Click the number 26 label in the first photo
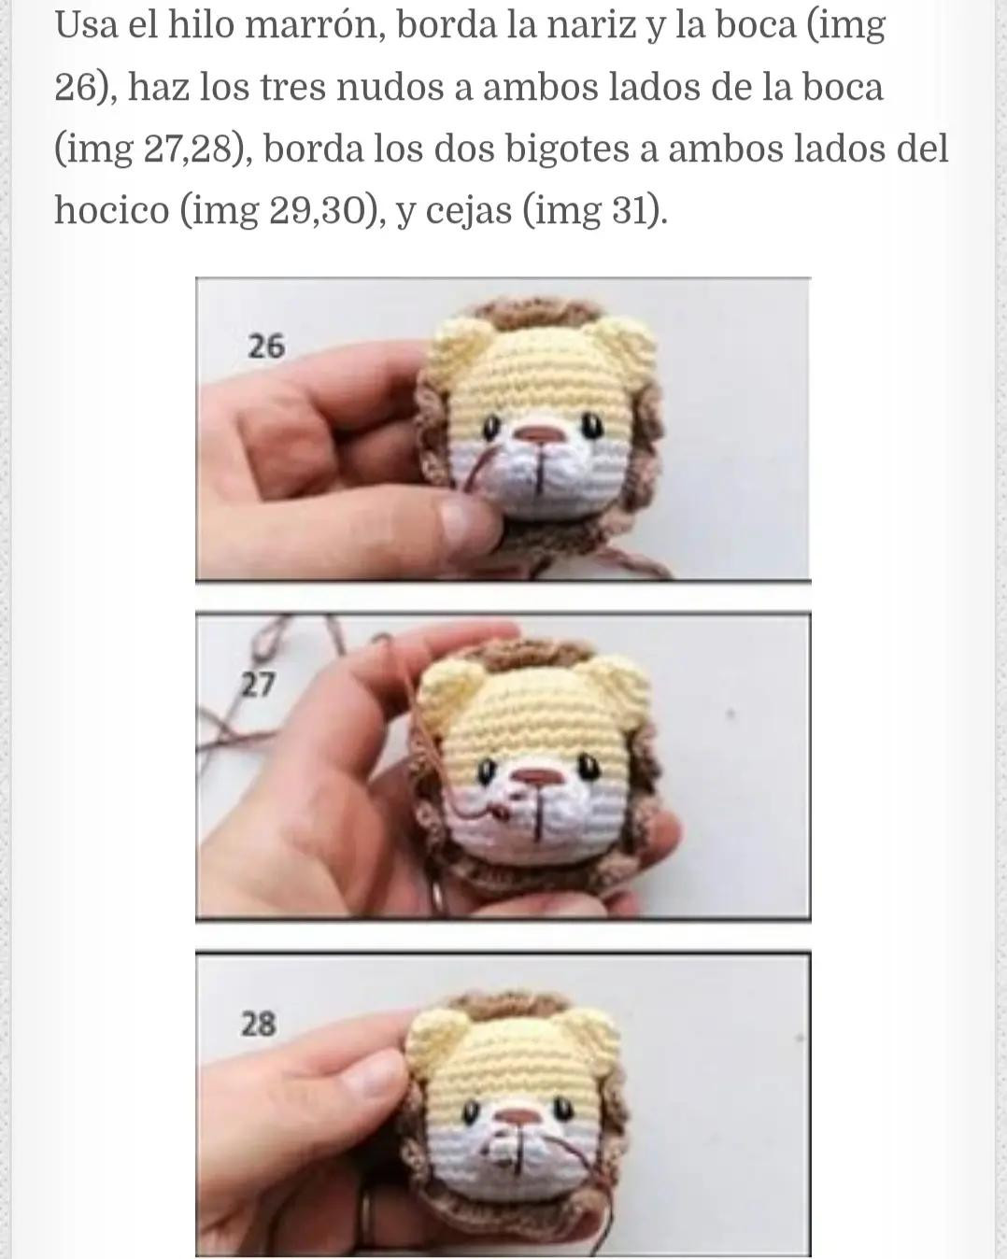(x=265, y=347)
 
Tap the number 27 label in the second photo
(x=258, y=686)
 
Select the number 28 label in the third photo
(x=259, y=1025)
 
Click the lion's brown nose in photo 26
(x=539, y=436)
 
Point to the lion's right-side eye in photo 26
(x=592, y=427)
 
